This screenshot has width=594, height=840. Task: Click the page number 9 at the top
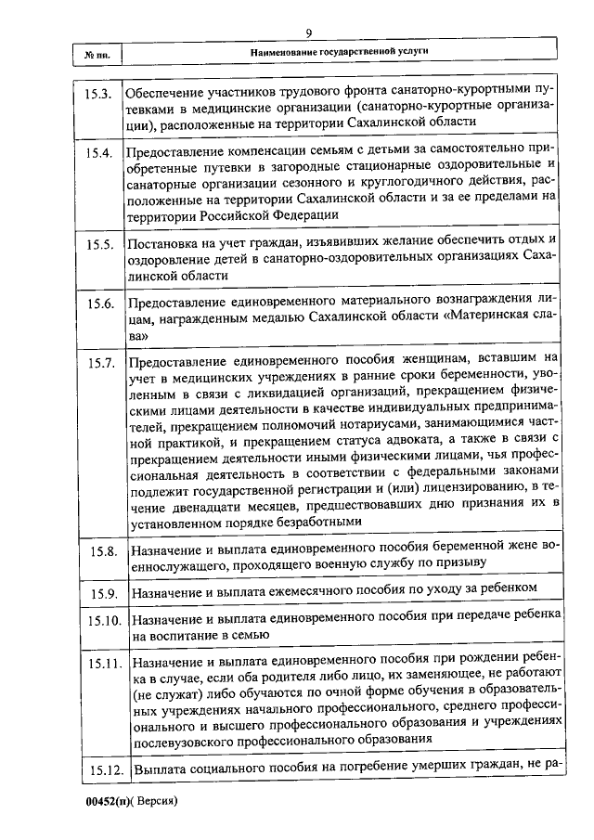tap(307, 33)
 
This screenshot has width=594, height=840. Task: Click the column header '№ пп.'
tap(97, 55)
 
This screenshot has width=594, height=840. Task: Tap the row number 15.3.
tap(98, 95)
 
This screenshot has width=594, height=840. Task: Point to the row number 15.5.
tap(98, 244)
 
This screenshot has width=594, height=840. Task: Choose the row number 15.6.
tap(98, 304)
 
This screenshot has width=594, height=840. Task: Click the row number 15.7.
tap(98, 364)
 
